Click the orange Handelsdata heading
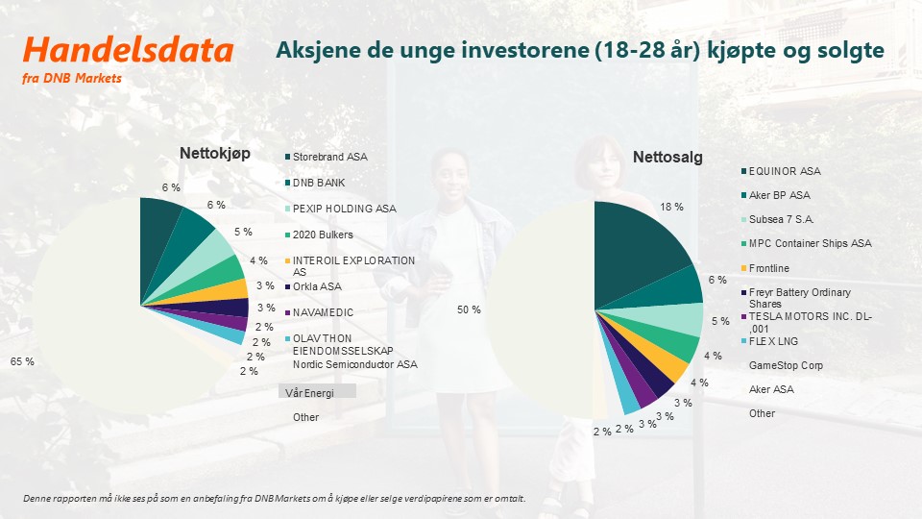[x=128, y=49]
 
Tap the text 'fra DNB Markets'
[x=72, y=78]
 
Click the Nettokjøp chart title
[x=214, y=153]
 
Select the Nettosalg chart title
[x=667, y=157]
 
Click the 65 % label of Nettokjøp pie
[x=22, y=361]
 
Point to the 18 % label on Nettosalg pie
[x=671, y=207]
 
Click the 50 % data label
[x=469, y=309]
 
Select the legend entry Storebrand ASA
[x=326, y=157]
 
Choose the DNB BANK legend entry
[x=315, y=183]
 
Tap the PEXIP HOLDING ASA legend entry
[x=340, y=209]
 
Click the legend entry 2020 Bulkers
[x=319, y=235]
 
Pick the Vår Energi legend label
[x=309, y=392]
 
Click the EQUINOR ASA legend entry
[x=781, y=171]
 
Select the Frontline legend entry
[x=765, y=268]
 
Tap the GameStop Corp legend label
[x=786, y=365]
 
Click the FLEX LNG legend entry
[x=769, y=341]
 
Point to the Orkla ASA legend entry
[x=313, y=286]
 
